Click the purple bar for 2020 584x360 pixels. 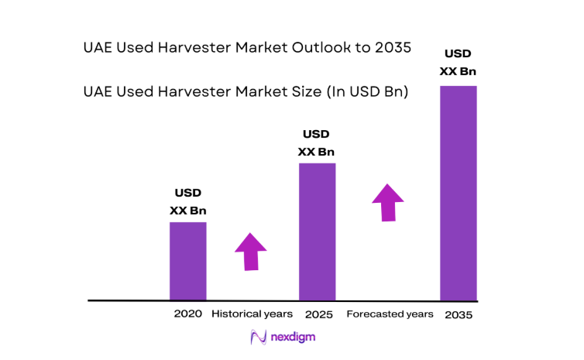pos(188,261)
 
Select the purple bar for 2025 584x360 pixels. pos(317,231)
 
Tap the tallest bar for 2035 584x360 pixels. pos(459,193)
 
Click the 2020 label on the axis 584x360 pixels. pos(188,314)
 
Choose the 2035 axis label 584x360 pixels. pos(459,315)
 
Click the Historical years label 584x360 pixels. pos(252,314)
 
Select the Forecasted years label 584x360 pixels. pos(390,314)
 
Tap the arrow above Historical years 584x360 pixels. pos(250,251)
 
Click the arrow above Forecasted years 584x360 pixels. pos(388,202)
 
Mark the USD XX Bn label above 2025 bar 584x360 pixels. pos(317,143)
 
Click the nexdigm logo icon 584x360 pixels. pos(258,338)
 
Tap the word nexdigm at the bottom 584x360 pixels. pos(293,338)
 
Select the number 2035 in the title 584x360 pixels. pos(392,48)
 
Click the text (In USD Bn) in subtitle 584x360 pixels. pos(365,92)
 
